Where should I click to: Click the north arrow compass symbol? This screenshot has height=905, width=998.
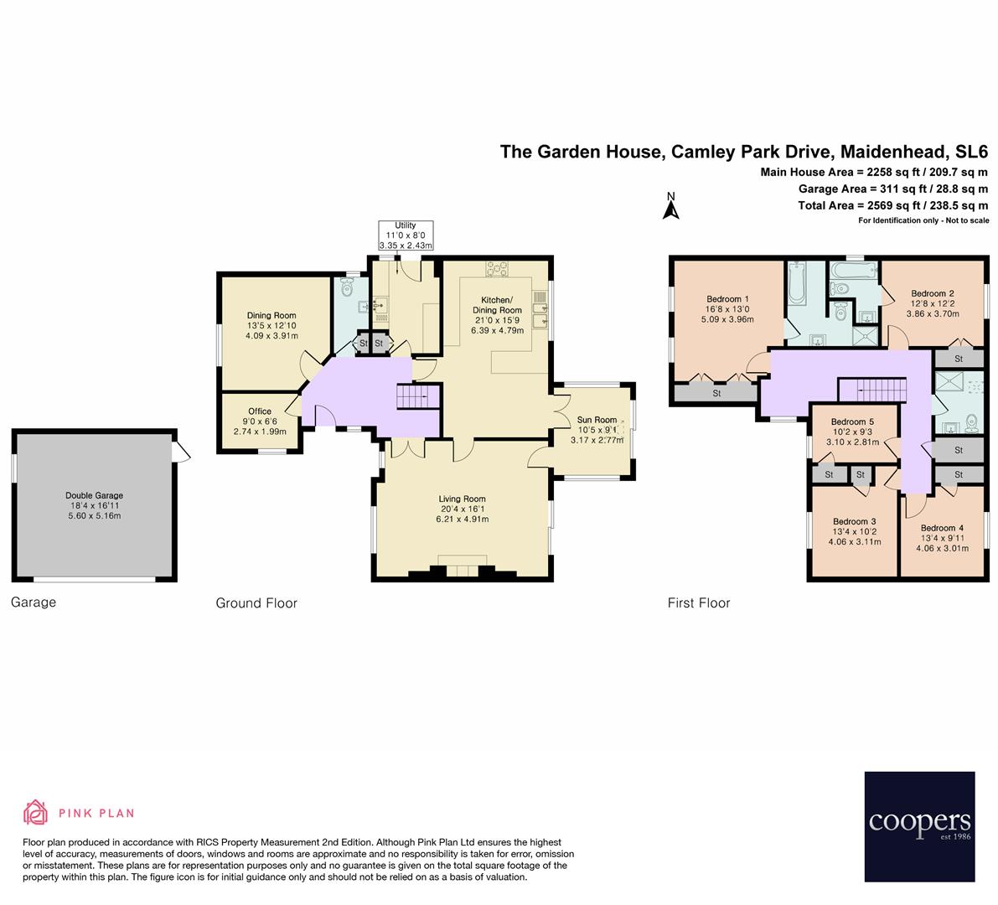(670, 207)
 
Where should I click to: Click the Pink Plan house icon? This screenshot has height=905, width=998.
(37, 812)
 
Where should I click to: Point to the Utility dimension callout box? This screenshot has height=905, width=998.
(406, 235)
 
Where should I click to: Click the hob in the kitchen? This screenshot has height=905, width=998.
(496, 268)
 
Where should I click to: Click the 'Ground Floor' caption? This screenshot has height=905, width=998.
(256, 602)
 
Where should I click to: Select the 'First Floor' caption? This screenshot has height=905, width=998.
(699, 602)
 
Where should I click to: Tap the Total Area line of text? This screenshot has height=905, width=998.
(893, 205)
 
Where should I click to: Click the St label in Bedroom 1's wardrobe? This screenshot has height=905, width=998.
(716, 393)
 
